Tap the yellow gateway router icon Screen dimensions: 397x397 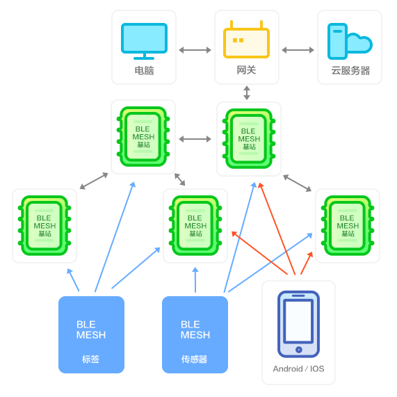(246, 40)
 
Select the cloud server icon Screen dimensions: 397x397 (350, 42)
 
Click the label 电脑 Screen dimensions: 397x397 (144, 70)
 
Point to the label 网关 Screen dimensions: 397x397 (246, 70)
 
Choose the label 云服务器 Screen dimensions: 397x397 (350, 70)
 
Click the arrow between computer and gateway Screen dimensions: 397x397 (195, 50)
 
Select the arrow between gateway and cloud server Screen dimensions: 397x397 (298, 50)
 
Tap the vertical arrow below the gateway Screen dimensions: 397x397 (247, 92)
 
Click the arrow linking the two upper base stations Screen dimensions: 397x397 (195, 139)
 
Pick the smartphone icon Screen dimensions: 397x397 (298, 324)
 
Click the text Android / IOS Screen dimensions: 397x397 (298, 368)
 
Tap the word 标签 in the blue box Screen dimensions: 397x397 (90, 359)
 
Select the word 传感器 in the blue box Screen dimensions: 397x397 (194, 359)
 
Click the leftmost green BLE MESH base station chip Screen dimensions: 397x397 (44, 225)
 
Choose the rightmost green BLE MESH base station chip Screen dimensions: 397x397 (348, 225)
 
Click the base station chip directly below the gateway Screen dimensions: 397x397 (249, 139)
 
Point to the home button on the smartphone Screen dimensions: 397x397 (299, 350)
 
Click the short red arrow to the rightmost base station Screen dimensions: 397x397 (307, 263)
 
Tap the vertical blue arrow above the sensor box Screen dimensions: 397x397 (195, 279)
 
